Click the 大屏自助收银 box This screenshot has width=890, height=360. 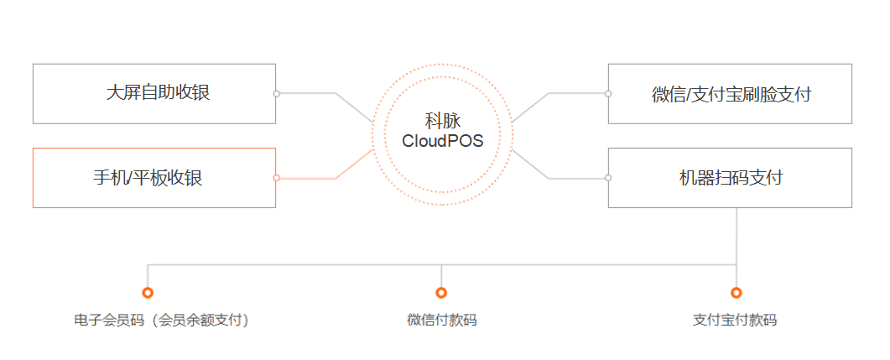click(154, 93)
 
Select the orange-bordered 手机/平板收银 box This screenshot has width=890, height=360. click(154, 178)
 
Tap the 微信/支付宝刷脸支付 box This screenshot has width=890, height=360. click(730, 94)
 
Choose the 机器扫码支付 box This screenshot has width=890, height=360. click(730, 178)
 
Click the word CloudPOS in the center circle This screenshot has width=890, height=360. click(442, 141)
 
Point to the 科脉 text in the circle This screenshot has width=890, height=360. click(442, 122)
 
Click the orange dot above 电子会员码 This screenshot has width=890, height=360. click(148, 293)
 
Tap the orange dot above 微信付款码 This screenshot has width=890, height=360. click(441, 293)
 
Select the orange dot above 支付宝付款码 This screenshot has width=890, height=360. click(736, 293)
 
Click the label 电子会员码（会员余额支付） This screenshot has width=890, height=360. click(162, 320)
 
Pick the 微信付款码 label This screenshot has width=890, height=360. click(441, 320)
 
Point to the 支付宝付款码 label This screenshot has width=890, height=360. click(735, 320)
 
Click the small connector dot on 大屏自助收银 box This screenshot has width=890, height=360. click(276, 93)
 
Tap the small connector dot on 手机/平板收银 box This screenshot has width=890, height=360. click(276, 178)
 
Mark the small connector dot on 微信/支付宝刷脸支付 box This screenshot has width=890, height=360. click(608, 93)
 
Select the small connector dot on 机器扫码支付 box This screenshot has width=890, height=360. click(608, 178)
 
